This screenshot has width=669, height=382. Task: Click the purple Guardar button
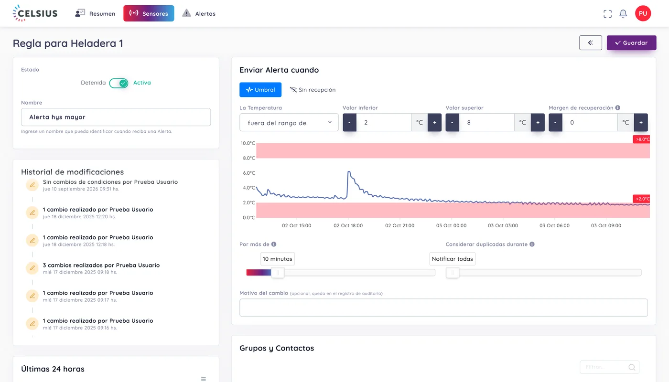point(631,42)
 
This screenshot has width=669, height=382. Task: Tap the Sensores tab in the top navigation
point(149,13)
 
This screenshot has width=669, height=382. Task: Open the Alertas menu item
point(199,13)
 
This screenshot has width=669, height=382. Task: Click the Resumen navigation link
point(95,13)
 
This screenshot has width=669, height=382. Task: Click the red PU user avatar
point(643,13)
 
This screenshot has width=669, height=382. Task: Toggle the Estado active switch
point(119,83)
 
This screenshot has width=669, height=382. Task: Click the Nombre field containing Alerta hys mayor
point(116,117)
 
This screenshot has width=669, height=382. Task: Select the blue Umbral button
point(260,90)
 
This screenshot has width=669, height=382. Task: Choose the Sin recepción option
point(313,90)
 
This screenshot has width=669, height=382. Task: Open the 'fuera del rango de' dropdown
point(289,122)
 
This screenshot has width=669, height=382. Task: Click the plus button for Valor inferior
point(434,122)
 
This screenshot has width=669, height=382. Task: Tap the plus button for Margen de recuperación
point(641,122)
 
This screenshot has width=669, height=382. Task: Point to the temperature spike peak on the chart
point(348,171)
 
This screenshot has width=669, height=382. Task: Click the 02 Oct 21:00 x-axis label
point(399,225)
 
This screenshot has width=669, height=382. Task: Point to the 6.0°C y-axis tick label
point(249,173)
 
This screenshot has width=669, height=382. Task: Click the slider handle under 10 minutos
point(278,273)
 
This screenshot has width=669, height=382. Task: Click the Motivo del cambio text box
point(443,308)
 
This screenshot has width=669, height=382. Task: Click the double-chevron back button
point(591,42)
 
